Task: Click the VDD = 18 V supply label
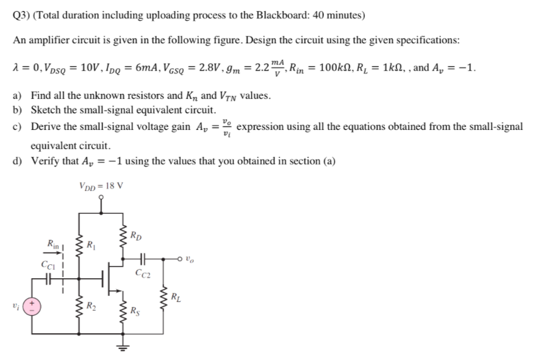click(101, 185)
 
